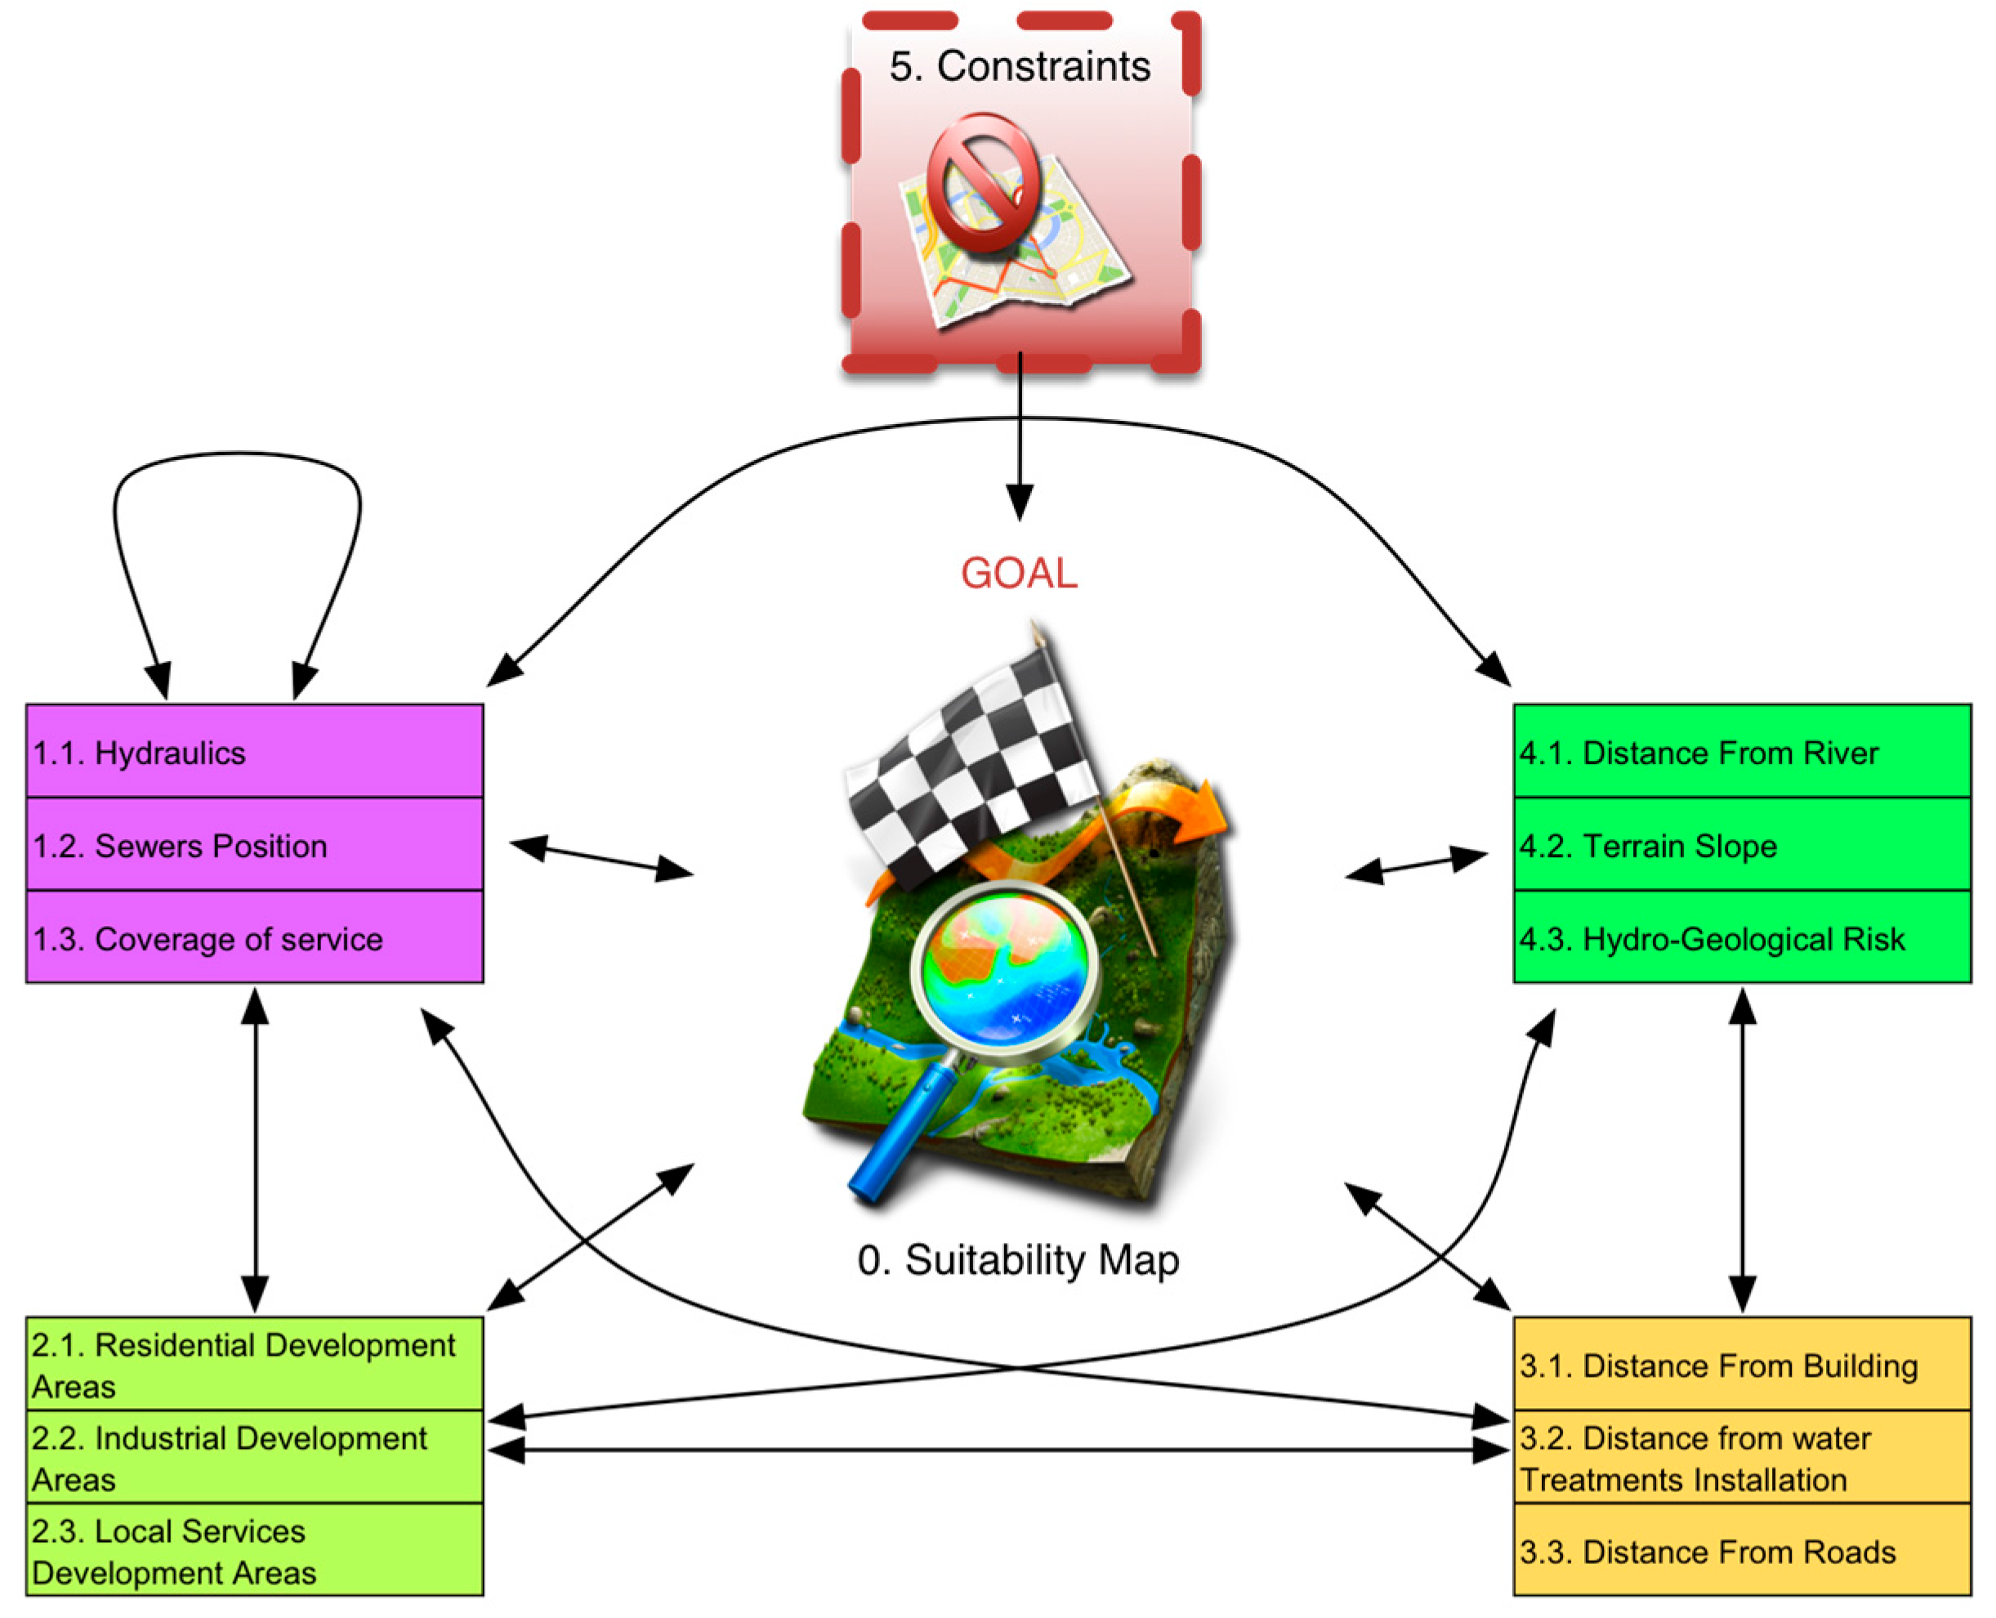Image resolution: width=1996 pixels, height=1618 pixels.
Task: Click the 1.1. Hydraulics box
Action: (253, 751)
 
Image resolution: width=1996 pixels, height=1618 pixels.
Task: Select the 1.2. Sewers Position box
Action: (253, 844)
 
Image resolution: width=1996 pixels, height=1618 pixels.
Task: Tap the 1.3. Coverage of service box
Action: (253, 936)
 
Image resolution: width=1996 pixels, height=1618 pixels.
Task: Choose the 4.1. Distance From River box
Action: (1740, 751)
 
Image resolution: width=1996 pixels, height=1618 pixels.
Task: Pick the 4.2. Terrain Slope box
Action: (1740, 844)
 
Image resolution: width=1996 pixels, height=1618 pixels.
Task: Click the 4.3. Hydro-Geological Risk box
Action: (1740, 936)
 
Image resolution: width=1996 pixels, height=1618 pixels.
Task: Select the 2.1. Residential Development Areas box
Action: (253, 1364)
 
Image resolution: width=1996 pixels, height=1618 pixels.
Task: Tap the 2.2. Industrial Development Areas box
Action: (253, 1457)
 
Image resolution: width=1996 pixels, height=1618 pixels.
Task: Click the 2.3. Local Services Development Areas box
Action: (253, 1550)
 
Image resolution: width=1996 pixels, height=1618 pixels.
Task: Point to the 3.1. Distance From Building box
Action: (1740, 1364)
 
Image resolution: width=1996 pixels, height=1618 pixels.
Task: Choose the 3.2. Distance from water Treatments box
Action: (1740, 1457)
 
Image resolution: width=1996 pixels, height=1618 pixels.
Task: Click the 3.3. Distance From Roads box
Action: (1740, 1550)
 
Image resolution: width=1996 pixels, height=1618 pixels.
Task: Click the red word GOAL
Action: (1019, 573)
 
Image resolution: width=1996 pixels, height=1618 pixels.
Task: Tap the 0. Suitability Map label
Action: (1017, 1260)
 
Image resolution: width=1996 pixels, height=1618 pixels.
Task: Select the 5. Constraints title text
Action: (1020, 66)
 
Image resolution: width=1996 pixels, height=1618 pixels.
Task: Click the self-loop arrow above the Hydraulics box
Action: (238, 456)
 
